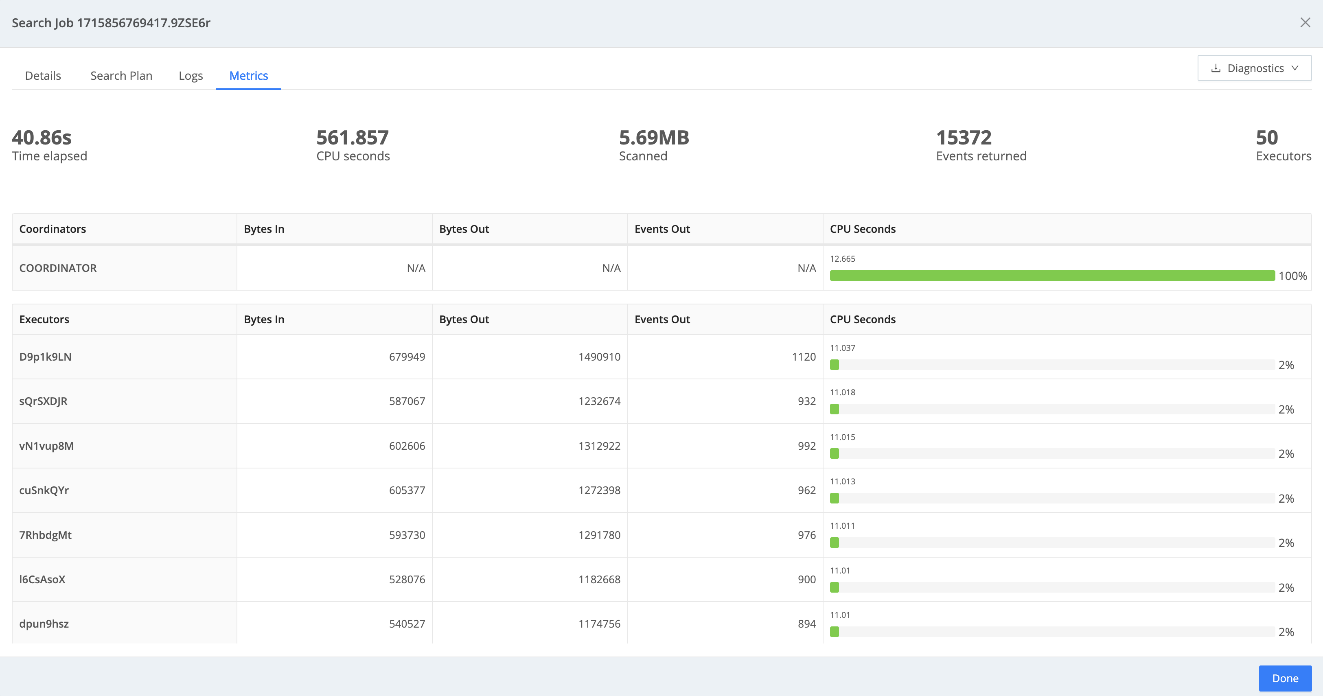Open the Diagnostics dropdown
pos(1254,68)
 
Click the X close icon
pos(1305,23)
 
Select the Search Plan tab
pos(121,76)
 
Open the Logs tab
pos(191,76)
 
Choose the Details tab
pos(43,76)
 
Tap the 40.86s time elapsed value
pos(42,138)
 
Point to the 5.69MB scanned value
pos(654,138)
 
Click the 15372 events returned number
pos(964,138)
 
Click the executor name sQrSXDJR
pos(43,401)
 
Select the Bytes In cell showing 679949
pos(407,357)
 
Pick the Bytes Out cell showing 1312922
pos(599,446)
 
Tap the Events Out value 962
pos(806,490)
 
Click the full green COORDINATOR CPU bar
pos(1052,276)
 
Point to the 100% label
pos(1292,276)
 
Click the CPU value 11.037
pos(842,348)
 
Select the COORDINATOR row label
pos(58,268)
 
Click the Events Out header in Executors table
pos(662,319)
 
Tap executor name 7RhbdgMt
pos(45,535)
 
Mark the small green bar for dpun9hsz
pos(835,632)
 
